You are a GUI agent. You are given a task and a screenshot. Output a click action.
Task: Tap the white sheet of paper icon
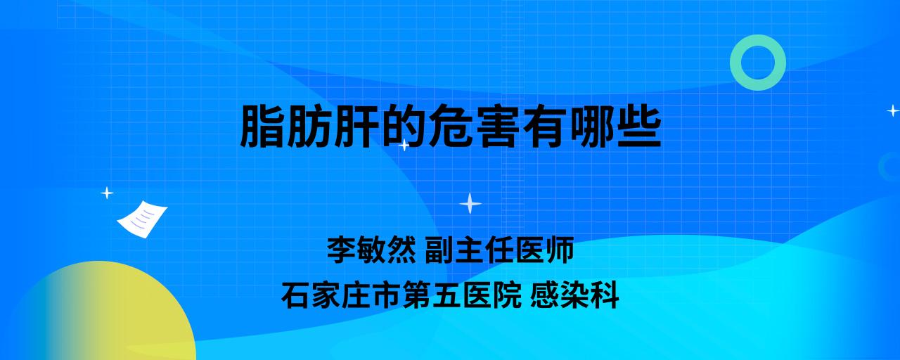[x=142, y=219]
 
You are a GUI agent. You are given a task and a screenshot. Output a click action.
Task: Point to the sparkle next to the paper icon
[x=107, y=193]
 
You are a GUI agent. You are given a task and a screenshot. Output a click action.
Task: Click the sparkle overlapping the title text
[x=404, y=145]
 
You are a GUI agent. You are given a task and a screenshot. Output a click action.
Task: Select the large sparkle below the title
[x=470, y=203]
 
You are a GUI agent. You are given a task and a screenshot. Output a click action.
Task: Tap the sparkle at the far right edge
[x=893, y=110]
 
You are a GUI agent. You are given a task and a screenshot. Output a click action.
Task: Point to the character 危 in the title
[x=450, y=126]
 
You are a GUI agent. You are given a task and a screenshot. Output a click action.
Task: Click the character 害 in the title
[x=497, y=126]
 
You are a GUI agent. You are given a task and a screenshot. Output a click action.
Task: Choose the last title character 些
[x=639, y=126]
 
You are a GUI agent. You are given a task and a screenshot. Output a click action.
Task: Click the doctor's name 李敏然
[x=371, y=250]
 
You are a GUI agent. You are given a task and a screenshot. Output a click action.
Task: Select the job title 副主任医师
[x=499, y=250]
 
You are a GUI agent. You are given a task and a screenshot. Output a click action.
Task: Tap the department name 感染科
[x=574, y=295]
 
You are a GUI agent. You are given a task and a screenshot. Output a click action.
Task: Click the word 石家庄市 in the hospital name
[x=341, y=295]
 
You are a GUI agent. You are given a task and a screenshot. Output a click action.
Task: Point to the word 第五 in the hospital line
[x=432, y=295]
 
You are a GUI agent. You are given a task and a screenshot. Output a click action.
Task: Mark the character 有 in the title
[x=544, y=126]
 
